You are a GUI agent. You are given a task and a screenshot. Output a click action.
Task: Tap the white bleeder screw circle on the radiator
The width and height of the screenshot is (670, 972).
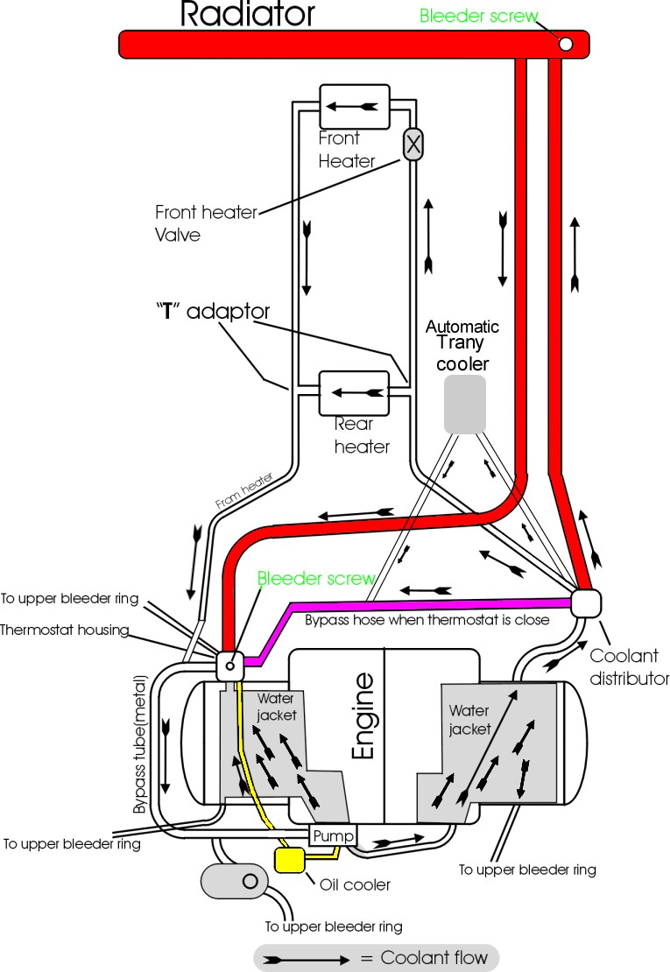pos(566,44)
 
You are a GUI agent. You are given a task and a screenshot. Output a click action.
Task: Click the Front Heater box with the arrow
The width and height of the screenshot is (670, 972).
pos(354,106)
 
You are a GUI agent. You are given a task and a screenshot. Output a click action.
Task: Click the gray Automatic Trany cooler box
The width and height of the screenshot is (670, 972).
pos(464,404)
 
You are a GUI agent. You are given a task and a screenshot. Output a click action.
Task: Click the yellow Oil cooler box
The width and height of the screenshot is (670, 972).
pos(289,859)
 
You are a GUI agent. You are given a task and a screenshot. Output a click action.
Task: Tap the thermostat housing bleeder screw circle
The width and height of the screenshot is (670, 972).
pos(229,666)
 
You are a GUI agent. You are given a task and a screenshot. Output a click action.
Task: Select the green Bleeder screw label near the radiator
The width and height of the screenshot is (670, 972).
pos(478,16)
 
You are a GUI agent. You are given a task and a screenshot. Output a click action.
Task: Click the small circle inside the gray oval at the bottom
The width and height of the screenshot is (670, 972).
pos(249,879)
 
